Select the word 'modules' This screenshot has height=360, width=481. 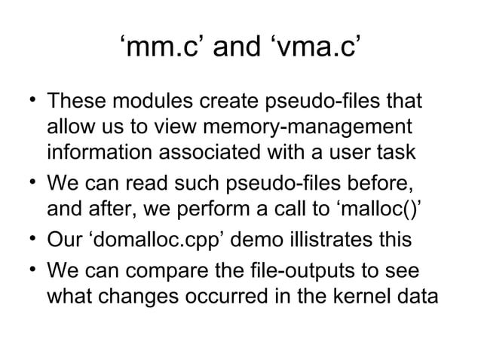pyautogui.click(x=148, y=101)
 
